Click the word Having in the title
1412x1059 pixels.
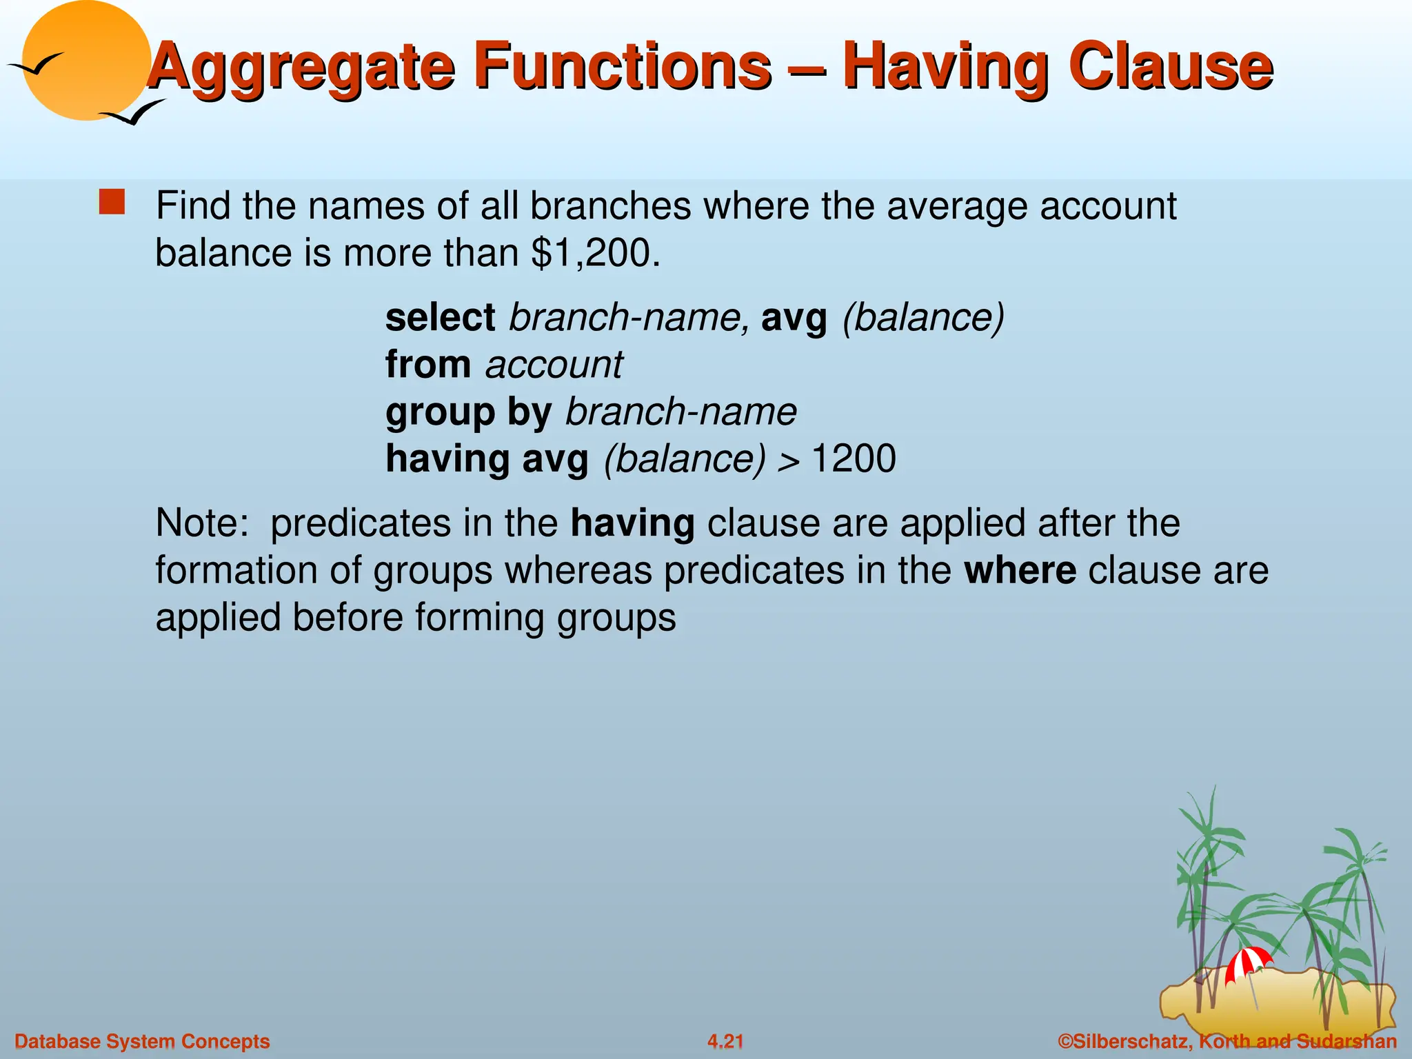(x=945, y=67)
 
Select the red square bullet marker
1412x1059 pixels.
(x=112, y=203)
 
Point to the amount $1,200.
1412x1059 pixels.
(x=592, y=253)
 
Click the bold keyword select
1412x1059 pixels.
(x=440, y=318)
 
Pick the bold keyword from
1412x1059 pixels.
(x=428, y=365)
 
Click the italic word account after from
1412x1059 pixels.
(x=554, y=365)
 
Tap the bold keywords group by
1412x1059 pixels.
(x=468, y=412)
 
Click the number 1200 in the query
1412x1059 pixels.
(x=854, y=458)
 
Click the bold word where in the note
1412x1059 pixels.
(x=1020, y=571)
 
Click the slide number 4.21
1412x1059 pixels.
(x=725, y=1041)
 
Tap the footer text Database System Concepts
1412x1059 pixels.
(x=142, y=1041)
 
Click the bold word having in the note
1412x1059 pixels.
(x=632, y=523)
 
